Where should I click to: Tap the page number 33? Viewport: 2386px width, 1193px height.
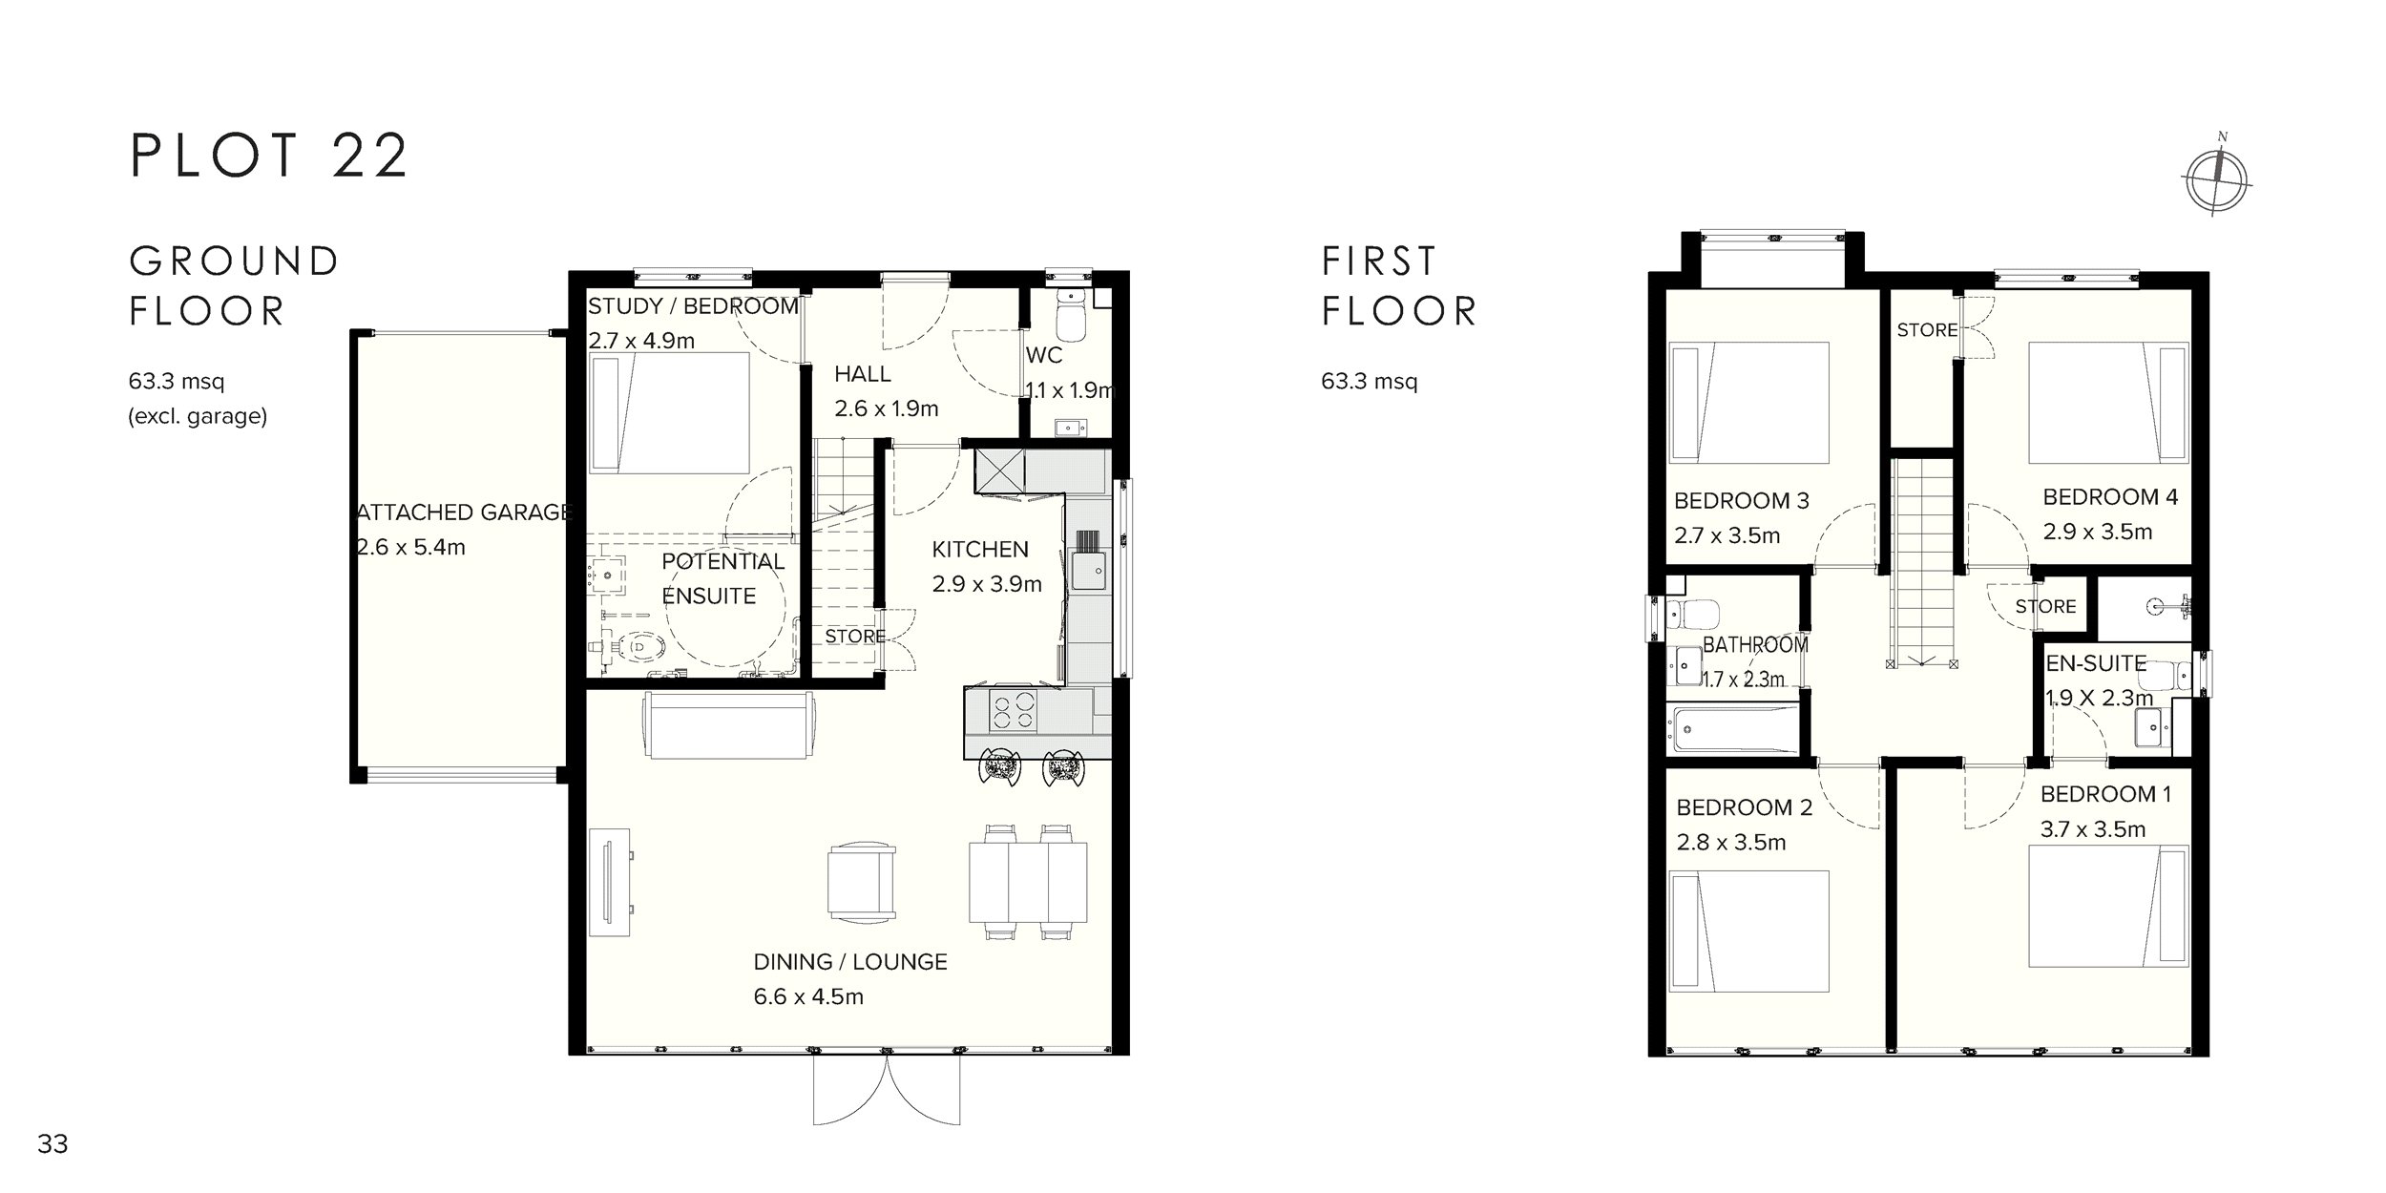pyautogui.click(x=52, y=1144)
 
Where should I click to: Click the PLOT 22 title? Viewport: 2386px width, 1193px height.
pyautogui.click(x=270, y=156)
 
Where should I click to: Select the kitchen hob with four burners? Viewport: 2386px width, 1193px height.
pyautogui.click(x=1014, y=711)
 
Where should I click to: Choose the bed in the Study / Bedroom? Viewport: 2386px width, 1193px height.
pyautogui.click(x=670, y=412)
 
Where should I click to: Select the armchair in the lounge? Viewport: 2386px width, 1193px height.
pyautogui.click(x=862, y=881)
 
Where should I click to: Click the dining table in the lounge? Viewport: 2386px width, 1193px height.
pyautogui.click(x=1028, y=881)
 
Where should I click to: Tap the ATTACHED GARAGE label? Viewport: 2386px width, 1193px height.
pyautogui.click(x=464, y=513)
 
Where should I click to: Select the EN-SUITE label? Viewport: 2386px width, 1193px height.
pyautogui.click(x=2096, y=664)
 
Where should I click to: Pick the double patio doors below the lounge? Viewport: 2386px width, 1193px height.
pyautogui.click(x=888, y=1090)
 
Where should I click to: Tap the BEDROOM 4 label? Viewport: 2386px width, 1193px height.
pyautogui.click(x=2110, y=497)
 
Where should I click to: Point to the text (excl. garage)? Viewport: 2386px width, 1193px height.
pyautogui.click(x=198, y=417)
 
